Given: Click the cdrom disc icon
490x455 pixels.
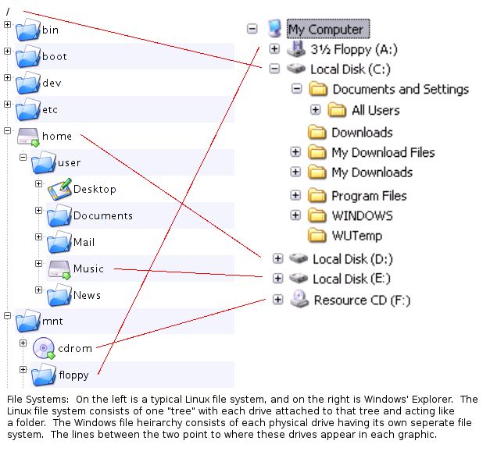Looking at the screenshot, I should (x=45, y=348).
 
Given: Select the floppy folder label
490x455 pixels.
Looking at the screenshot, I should (x=73, y=375).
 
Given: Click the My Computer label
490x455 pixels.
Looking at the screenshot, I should (x=325, y=30).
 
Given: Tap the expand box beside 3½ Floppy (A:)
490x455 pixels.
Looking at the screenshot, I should (x=274, y=49).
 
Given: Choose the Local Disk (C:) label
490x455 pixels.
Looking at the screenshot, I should (x=349, y=69).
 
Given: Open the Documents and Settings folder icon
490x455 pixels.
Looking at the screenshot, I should (x=319, y=89).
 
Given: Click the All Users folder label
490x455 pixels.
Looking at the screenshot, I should (x=375, y=110).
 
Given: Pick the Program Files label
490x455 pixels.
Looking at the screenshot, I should (x=369, y=195).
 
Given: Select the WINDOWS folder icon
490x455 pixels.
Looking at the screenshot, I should (x=317, y=215).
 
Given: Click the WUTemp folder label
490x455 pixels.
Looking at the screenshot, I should (x=356, y=235).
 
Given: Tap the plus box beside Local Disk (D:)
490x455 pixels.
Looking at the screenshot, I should (x=277, y=258).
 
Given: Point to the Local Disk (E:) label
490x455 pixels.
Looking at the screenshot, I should (x=352, y=279).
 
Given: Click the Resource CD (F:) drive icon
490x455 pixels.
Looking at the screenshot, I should (x=299, y=299).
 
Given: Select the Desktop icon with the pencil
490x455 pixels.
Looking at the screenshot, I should (x=59, y=189).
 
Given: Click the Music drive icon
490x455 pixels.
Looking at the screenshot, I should (x=59, y=269).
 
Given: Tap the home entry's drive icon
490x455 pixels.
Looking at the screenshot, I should (x=27, y=137).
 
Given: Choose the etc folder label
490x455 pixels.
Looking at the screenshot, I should (x=50, y=110).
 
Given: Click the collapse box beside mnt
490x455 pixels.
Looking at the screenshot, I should (x=8, y=316).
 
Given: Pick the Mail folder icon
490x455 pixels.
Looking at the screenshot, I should (x=59, y=243).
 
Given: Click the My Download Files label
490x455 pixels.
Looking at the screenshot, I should (x=383, y=152).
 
